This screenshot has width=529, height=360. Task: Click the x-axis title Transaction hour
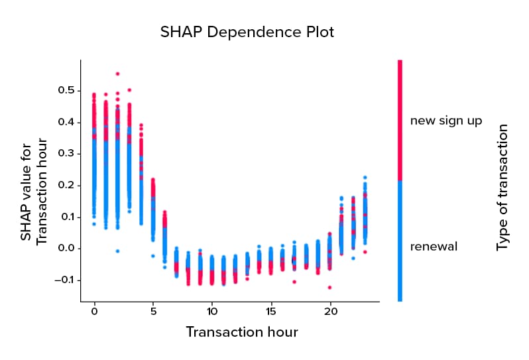[241, 331]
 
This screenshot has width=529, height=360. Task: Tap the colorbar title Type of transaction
[502, 188]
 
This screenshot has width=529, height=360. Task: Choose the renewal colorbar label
[434, 247]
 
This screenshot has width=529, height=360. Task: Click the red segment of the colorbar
[400, 119]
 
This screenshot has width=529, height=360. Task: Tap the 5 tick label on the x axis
[153, 310]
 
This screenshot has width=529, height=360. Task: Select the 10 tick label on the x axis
[211, 310]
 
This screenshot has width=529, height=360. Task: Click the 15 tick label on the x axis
[270, 310]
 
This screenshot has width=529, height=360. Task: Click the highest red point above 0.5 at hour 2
[118, 74]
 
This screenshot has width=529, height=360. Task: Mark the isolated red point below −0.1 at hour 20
[329, 287]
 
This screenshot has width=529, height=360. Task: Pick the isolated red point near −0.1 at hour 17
[294, 282]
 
